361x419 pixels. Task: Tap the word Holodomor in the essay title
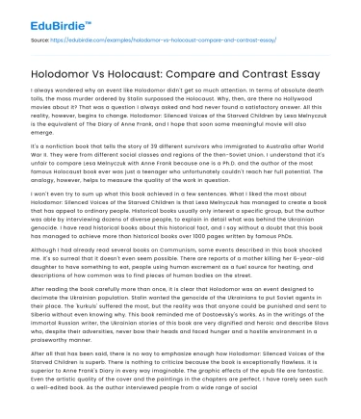(x=66, y=62)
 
